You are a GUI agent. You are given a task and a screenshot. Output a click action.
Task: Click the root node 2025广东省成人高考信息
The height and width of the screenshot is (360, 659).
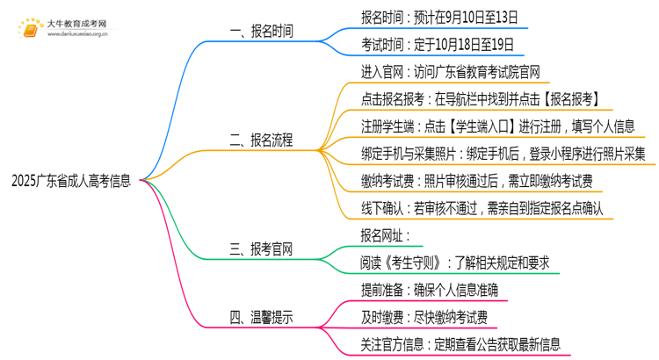(72, 182)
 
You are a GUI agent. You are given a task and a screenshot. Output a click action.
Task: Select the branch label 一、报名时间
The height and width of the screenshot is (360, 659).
(261, 32)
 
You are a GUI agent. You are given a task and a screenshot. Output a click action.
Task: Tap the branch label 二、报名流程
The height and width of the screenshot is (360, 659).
(261, 140)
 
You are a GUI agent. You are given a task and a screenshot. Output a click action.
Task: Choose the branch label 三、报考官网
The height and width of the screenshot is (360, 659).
(261, 248)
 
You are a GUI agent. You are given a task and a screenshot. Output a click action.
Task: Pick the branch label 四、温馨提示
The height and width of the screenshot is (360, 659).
(261, 316)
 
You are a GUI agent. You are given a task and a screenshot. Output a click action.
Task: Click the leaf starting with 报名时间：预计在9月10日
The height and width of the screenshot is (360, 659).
(438, 17)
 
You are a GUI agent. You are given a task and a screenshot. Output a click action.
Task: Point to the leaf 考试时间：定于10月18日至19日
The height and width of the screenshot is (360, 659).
(437, 45)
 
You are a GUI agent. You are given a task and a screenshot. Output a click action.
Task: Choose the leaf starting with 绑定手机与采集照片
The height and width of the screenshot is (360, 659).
(503, 154)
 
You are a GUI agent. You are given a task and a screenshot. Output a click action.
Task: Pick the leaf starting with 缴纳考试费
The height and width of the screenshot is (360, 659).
(476, 181)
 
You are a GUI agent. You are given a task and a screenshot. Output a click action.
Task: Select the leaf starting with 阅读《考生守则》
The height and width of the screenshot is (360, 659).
(454, 262)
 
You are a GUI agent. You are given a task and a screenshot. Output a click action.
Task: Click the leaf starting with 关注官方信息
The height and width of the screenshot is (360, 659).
(460, 344)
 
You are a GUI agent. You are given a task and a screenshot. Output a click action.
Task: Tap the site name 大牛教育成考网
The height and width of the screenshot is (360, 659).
(76, 22)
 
